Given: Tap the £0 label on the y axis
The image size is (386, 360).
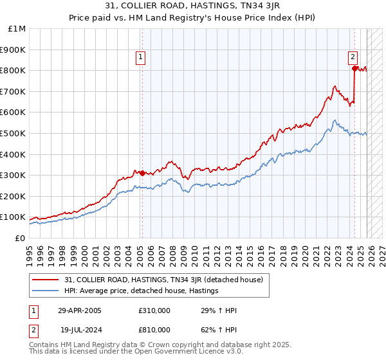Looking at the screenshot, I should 21,238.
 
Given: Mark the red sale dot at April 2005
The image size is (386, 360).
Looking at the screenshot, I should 142,173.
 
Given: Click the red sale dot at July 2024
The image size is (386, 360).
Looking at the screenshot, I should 354,68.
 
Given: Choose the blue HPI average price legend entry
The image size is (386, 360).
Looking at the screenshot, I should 142,291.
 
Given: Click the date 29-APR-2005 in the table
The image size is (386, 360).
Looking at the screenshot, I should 79,310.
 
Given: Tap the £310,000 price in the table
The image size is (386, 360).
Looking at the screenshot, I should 154,310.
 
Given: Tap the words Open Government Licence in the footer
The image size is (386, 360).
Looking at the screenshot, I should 171,352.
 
